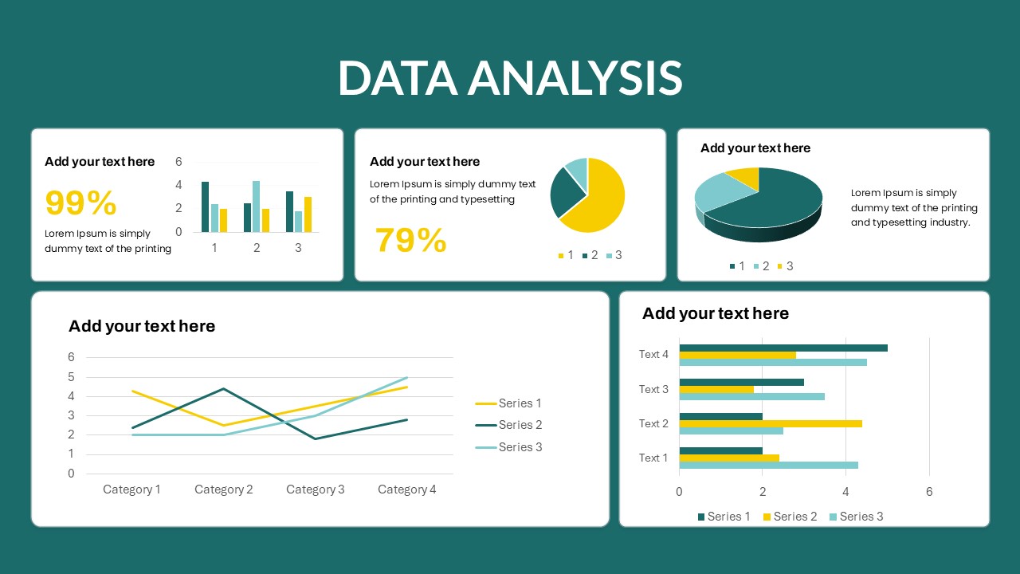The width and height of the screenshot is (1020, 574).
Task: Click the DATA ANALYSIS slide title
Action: (x=510, y=78)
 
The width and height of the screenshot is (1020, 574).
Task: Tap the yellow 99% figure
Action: (x=81, y=202)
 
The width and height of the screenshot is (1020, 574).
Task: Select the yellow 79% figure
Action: (x=410, y=240)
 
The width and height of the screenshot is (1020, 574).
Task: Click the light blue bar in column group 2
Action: (x=257, y=206)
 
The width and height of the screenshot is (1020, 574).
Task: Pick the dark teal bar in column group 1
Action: (x=206, y=206)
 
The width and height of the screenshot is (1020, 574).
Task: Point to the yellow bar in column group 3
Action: (x=308, y=214)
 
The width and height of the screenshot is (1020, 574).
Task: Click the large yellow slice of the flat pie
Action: (x=597, y=196)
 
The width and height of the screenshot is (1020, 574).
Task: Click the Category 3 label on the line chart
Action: (x=315, y=489)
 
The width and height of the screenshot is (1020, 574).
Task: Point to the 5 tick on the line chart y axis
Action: (x=71, y=377)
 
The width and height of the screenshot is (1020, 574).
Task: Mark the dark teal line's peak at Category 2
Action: (x=223, y=388)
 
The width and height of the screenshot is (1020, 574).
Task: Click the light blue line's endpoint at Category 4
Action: (x=407, y=377)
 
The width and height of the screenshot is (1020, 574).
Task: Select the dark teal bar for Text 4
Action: (x=783, y=348)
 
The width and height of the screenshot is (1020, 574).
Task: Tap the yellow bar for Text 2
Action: (x=771, y=423)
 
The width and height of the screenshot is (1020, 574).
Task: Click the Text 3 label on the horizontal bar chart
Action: (x=653, y=389)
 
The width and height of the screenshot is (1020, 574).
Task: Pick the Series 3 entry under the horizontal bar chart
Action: (x=857, y=517)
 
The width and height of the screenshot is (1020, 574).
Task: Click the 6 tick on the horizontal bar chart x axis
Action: (x=929, y=492)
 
